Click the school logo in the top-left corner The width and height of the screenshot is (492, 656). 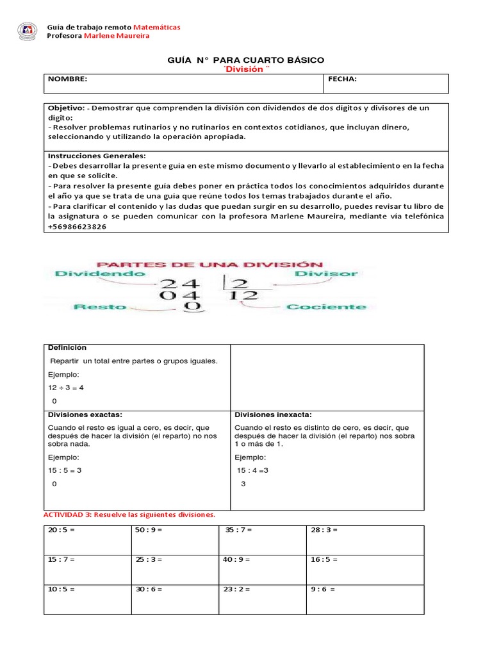click(x=27, y=30)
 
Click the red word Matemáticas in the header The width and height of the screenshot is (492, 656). click(x=157, y=27)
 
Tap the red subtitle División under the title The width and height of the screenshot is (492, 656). click(x=246, y=69)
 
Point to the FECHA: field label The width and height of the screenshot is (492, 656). click(x=342, y=79)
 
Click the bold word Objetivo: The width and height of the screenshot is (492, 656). click(x=66, y=108)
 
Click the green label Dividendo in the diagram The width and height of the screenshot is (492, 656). click(x=100, y=273)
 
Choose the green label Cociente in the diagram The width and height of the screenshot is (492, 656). click(x=326, y=307)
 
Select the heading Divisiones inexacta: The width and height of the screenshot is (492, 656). click(x=273, y=415)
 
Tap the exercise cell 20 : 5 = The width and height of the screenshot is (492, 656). click(x=61, y=530)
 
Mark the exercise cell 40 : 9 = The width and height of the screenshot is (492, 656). click(x=236, y=560)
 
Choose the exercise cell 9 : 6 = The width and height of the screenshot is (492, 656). click(x=324, y=589)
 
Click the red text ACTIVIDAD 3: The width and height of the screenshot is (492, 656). click(x=69, y=515)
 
